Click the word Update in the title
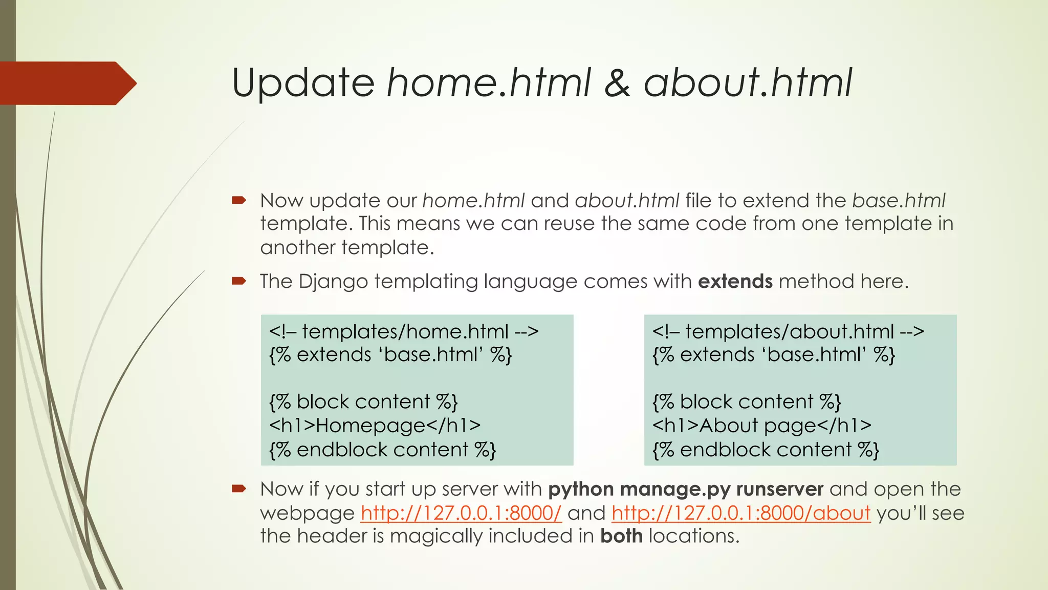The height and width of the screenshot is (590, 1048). click(x=303, y=83)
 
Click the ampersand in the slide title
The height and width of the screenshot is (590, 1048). click(x=617, y=83)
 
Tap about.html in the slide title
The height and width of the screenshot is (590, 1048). click(x=748, y=83)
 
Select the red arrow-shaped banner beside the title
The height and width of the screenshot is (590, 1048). click(x=67, y=83)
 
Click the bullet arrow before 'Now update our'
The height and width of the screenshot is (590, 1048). click(x=239, y=200)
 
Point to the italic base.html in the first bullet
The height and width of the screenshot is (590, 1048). click(x=899, y=200)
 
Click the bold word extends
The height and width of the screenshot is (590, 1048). click(x=735, y=282)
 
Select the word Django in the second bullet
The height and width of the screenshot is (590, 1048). click(x=333, y=282)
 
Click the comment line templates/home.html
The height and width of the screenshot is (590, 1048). click(x=404, y=331)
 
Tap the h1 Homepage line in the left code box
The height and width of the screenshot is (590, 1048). click(x=375, y=426)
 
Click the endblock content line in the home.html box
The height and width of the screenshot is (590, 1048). click(x=382, y=450)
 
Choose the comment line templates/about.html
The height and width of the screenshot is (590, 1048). click(x=788, y=331)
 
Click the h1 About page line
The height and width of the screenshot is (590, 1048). click(x=761, y=426)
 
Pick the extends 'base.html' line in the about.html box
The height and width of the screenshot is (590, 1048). click(x=773, y=355)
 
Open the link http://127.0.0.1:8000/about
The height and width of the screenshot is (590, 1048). click(x=740, y=513)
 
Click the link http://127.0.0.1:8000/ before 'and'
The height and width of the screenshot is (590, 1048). click(x=461, y=513)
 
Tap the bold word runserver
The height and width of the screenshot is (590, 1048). click(x=779, y=490)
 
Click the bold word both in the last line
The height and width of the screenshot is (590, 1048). click(x=621, y=536)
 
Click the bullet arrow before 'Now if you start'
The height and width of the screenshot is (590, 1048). click(x=239, y=489)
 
